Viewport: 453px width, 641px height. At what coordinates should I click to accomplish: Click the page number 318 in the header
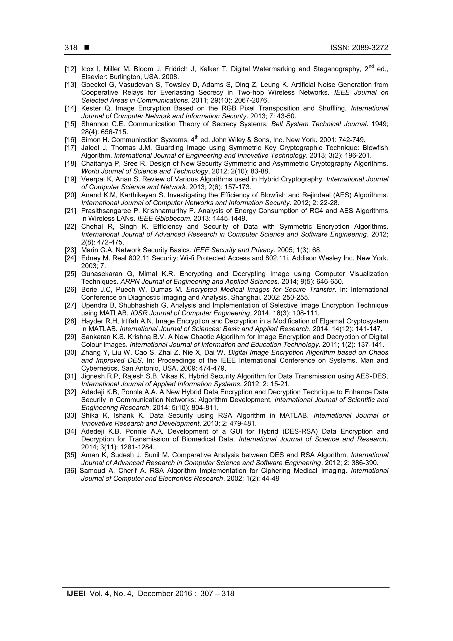[x=71, y=48]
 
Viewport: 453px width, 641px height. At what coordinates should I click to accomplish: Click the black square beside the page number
[x=86, y=48]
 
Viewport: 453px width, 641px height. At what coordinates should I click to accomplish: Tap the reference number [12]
[x=70, y=69]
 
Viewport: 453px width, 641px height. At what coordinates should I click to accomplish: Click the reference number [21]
[x=70, y=211]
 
